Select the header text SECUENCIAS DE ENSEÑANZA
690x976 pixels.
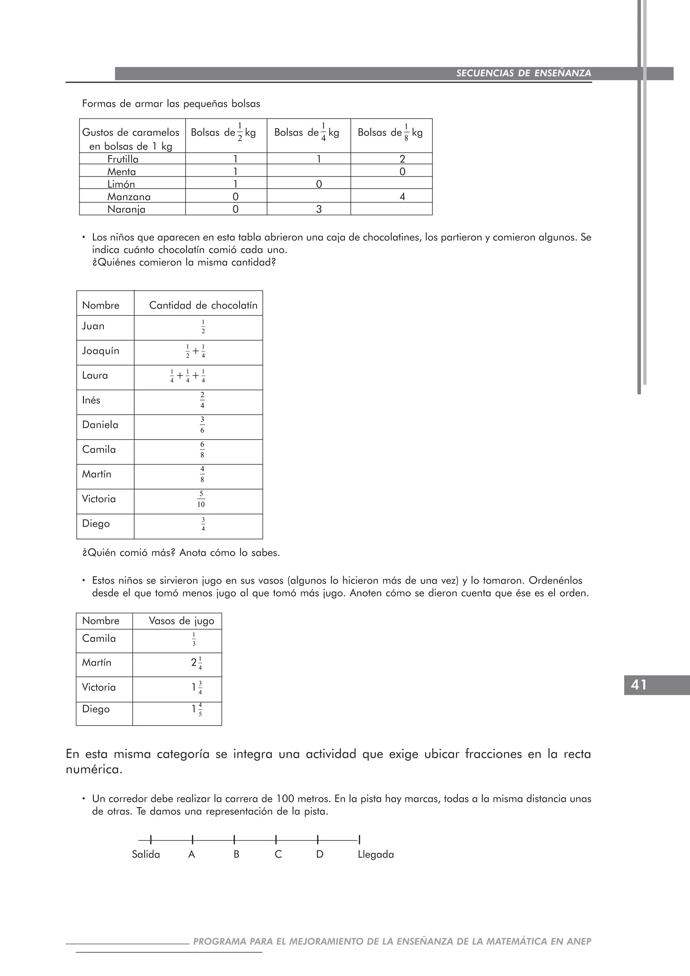click(524, 73)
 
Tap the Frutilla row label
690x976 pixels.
click(123, 159)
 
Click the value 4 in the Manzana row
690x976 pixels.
click(402, 196)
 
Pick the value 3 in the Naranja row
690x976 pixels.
click(319, 209)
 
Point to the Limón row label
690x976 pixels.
click(121, 184)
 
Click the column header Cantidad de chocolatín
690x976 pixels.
click(203, 305)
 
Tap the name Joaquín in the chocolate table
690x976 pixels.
click(101, 351)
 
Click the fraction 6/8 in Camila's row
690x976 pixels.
click(202, 450)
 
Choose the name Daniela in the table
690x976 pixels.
click(100, 425)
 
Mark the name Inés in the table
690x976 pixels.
click(91, 400)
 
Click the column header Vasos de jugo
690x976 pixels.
click(181, 621)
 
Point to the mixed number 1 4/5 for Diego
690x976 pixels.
click(197, 710)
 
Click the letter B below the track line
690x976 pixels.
click(236, 854)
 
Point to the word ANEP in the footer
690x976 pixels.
click(579, 942)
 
